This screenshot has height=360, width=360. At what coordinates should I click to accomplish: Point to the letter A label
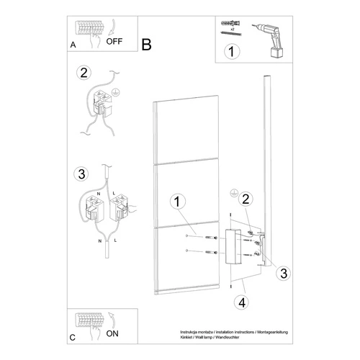click(73, 45)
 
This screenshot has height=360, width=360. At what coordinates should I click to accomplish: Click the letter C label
click(73, 337)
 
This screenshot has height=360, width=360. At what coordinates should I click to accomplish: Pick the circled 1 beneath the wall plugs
click(231, 52)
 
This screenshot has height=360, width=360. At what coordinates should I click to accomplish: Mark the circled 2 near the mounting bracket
click(246, 199)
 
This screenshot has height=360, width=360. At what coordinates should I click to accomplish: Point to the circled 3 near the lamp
click(284, 272)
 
